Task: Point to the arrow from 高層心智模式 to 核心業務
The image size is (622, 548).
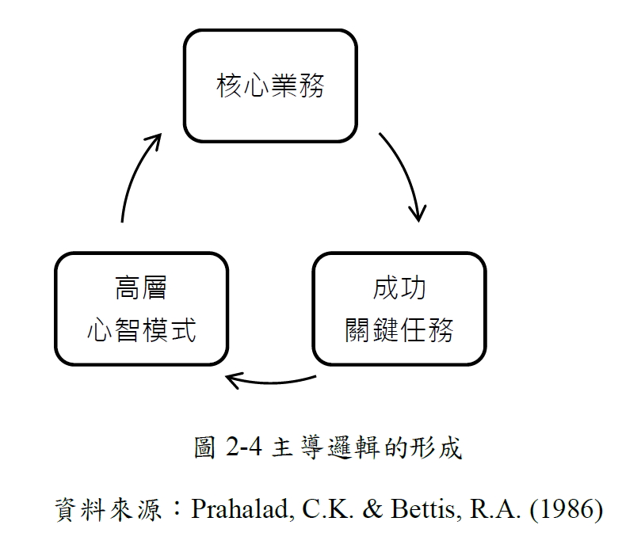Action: coord(134,171)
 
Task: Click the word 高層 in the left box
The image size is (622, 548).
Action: coord(141,288)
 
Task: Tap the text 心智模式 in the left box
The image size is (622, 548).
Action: coord(141,330)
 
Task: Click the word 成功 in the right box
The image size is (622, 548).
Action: coord(399,288)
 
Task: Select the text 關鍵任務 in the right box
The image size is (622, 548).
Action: coord(399,330)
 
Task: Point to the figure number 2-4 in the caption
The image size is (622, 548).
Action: coord(243,447)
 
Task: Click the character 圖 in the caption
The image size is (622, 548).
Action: coord(204,447)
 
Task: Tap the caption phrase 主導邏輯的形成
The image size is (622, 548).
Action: coord(367,447)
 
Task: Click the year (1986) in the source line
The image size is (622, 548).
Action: coord(567,509)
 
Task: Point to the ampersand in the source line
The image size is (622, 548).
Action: coord(372,509)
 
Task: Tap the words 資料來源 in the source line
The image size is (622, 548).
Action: coord(109,509)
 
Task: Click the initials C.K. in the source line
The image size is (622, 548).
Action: coord(328,509)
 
